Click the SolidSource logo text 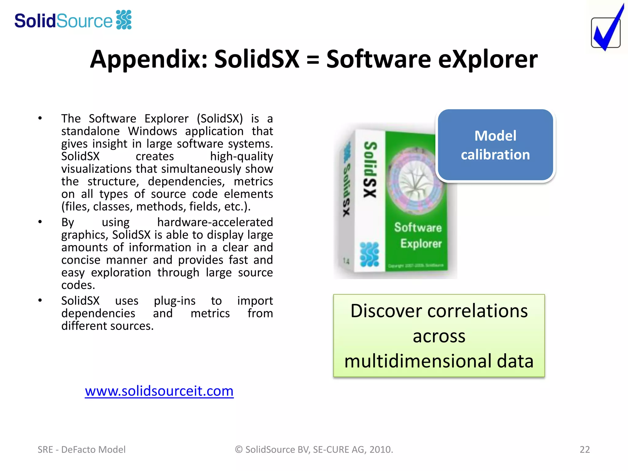click(x=63, y=21)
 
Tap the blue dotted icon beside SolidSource click(x=124, y=20)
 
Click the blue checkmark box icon click(x=606, y=31)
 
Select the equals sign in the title click(x=312, y=59)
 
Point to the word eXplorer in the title click(x=488, y=59)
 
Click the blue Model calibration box click(x=495, y=145)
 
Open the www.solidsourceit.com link click(x=159, y=391)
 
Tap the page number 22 click(x=584, y=449)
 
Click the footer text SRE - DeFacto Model click(x=82, y=449)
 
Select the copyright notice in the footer click(x=314, y=449)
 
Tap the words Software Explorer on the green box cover click(x=419, y=235)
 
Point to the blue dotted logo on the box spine click(x=369, y=254)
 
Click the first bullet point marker click(x=40, y=118)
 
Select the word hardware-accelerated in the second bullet click(x=215, y=222)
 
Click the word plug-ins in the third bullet click(x=174, y=301)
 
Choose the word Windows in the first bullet click(x=152, y=131)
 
